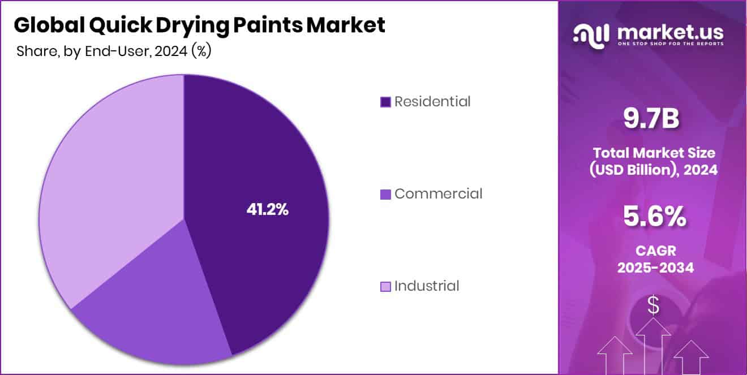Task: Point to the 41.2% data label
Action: (268, 209)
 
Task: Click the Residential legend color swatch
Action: (385, 102)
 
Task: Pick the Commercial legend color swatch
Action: (385, 194)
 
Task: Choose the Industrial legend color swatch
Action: (385, 286)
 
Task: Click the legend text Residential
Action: (432, 102)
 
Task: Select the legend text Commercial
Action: (438, 193)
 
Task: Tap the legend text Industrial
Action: (427, 286)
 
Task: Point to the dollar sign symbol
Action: (653, 306)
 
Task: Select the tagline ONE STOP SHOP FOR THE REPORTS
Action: (671, 44)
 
